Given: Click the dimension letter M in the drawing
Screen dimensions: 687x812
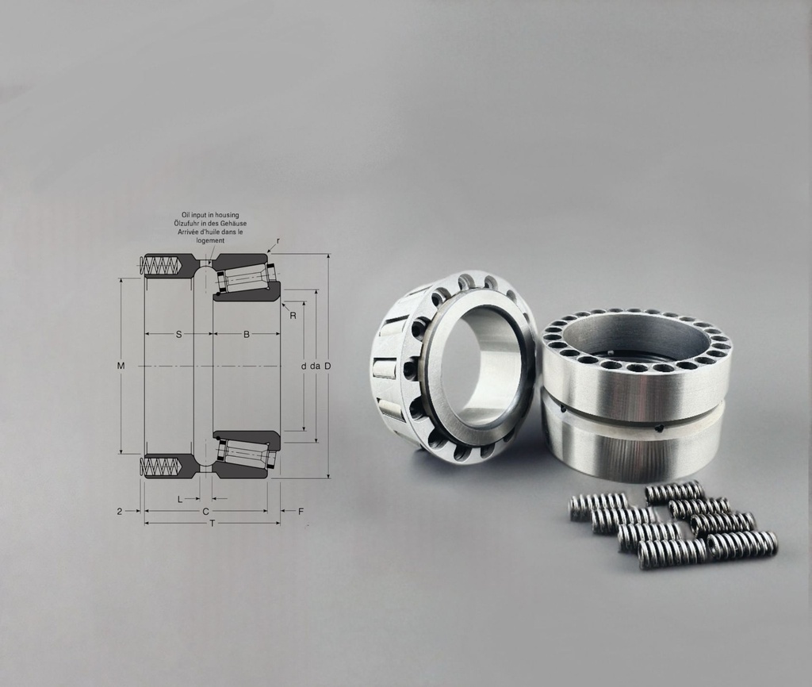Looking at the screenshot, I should (x=121, y=366).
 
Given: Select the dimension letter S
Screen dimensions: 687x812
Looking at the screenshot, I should (x=178, y=335).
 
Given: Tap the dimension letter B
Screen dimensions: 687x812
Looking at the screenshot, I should (x=246, y=335).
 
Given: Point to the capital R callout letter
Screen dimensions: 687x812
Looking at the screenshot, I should (x=293, y=316).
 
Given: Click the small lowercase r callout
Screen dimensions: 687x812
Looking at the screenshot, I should (x=278, y=240).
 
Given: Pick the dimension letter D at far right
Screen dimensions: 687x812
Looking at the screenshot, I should (x=327, y=366).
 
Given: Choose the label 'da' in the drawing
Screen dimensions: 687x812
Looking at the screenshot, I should (x=315, y=366).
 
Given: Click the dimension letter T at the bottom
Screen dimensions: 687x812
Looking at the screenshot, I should (x=212, y=524).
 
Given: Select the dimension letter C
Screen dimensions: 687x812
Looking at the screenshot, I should (x=205, y=512).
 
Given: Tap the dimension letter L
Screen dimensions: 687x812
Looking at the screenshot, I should (x=180, y=499).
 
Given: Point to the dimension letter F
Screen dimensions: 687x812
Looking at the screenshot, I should (x=301, y=512).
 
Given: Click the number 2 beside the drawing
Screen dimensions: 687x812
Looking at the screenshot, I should (x=120, y=512).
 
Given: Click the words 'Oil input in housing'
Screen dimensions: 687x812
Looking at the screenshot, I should (x=210, y=215).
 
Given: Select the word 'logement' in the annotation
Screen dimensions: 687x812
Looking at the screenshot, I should (x=210, y=240).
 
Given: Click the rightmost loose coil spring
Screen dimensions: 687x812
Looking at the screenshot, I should (x=741, y=545).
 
